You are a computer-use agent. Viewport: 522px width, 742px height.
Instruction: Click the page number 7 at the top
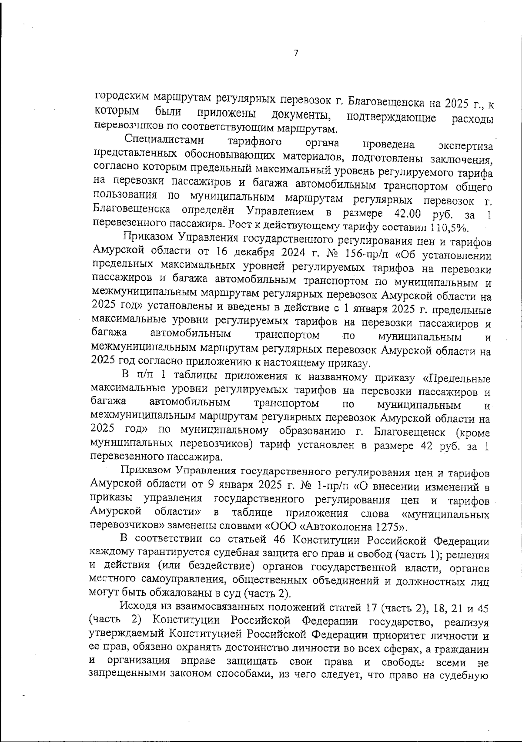point(296,53)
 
